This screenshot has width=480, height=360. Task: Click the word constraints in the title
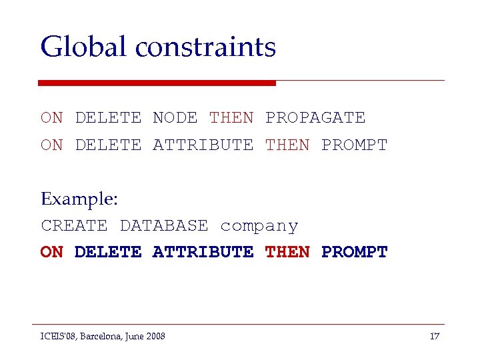click(x=205, y=47)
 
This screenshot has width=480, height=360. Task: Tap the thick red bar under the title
click(x=157, y=83)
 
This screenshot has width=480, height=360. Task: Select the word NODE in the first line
click(x=175, y=118)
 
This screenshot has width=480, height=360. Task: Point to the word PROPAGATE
click(x=315, y=118)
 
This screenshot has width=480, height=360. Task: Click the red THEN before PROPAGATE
click(x=231, y=118)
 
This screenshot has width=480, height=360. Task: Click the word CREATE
click(x=74, y=226)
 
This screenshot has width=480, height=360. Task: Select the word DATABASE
click(x=163, y=226)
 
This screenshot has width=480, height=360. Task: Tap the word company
click(x=259, y=227)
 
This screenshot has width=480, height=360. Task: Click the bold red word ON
click(x=51, y=253)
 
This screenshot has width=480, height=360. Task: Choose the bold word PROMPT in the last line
click(x=354, y=253)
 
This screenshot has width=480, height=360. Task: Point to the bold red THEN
click(x=287, y=253)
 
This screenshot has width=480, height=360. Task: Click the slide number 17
click(x=434, y=336)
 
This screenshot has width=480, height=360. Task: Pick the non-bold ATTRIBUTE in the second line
click(x=203, y=145)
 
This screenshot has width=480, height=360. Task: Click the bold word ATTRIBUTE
click(x=203, y=253)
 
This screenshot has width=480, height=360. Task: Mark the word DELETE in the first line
click(x=108, y=118)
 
